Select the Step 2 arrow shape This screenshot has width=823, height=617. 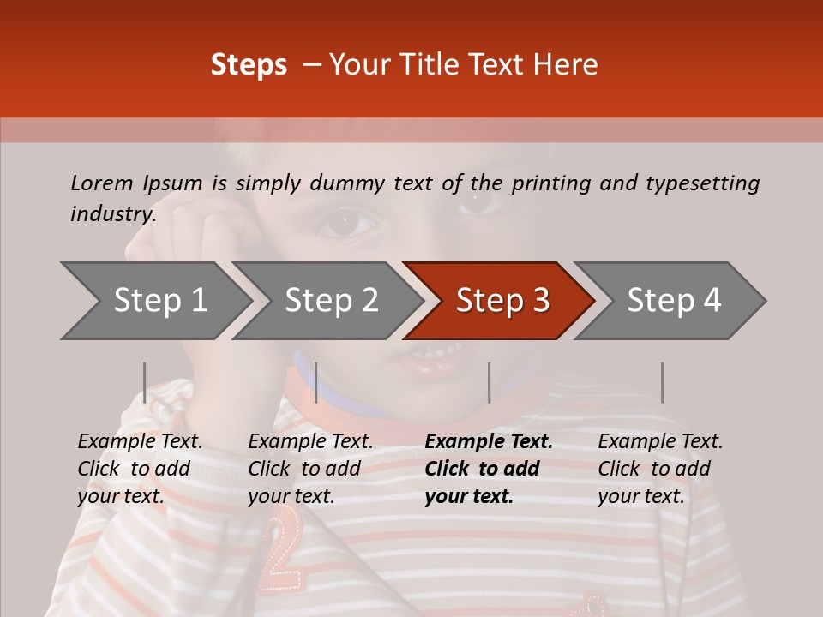pos(331,301)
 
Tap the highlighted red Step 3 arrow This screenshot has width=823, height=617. pos(502,301)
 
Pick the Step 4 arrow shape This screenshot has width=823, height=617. pos(674,301)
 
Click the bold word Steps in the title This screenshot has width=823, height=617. pos(249,65)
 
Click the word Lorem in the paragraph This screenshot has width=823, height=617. pos(102,183)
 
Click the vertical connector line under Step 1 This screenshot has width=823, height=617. pos(145,382)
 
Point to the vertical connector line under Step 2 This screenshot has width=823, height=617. pos(316,382)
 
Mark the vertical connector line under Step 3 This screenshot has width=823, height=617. pos(489,382)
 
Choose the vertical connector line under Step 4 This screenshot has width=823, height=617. pos(662,382)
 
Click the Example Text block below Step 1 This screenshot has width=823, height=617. pos(140,469)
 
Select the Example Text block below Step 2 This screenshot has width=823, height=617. pos(310,469)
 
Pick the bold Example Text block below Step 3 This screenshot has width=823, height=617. pos(489,469)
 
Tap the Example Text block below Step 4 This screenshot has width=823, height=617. pos(660,469)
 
